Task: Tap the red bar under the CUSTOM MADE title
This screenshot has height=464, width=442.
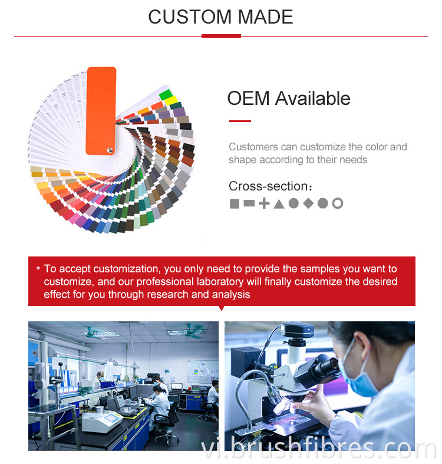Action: (221, 36)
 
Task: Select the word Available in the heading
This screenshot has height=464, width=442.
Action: (313, 98)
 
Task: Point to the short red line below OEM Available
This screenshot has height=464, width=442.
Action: (240, 121)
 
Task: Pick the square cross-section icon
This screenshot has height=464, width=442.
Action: (235, 204)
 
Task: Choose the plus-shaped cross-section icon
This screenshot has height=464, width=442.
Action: (264, 204)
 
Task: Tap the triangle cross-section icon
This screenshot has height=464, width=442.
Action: (279, 204)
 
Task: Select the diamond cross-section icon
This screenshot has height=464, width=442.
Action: (308, 203)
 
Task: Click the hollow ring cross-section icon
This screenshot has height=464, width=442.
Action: (338, 203)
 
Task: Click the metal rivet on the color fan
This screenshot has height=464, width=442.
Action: (109, 151)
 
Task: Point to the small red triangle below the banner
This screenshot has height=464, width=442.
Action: (222, 308)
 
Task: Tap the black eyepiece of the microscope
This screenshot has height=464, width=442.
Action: (322, 368)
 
